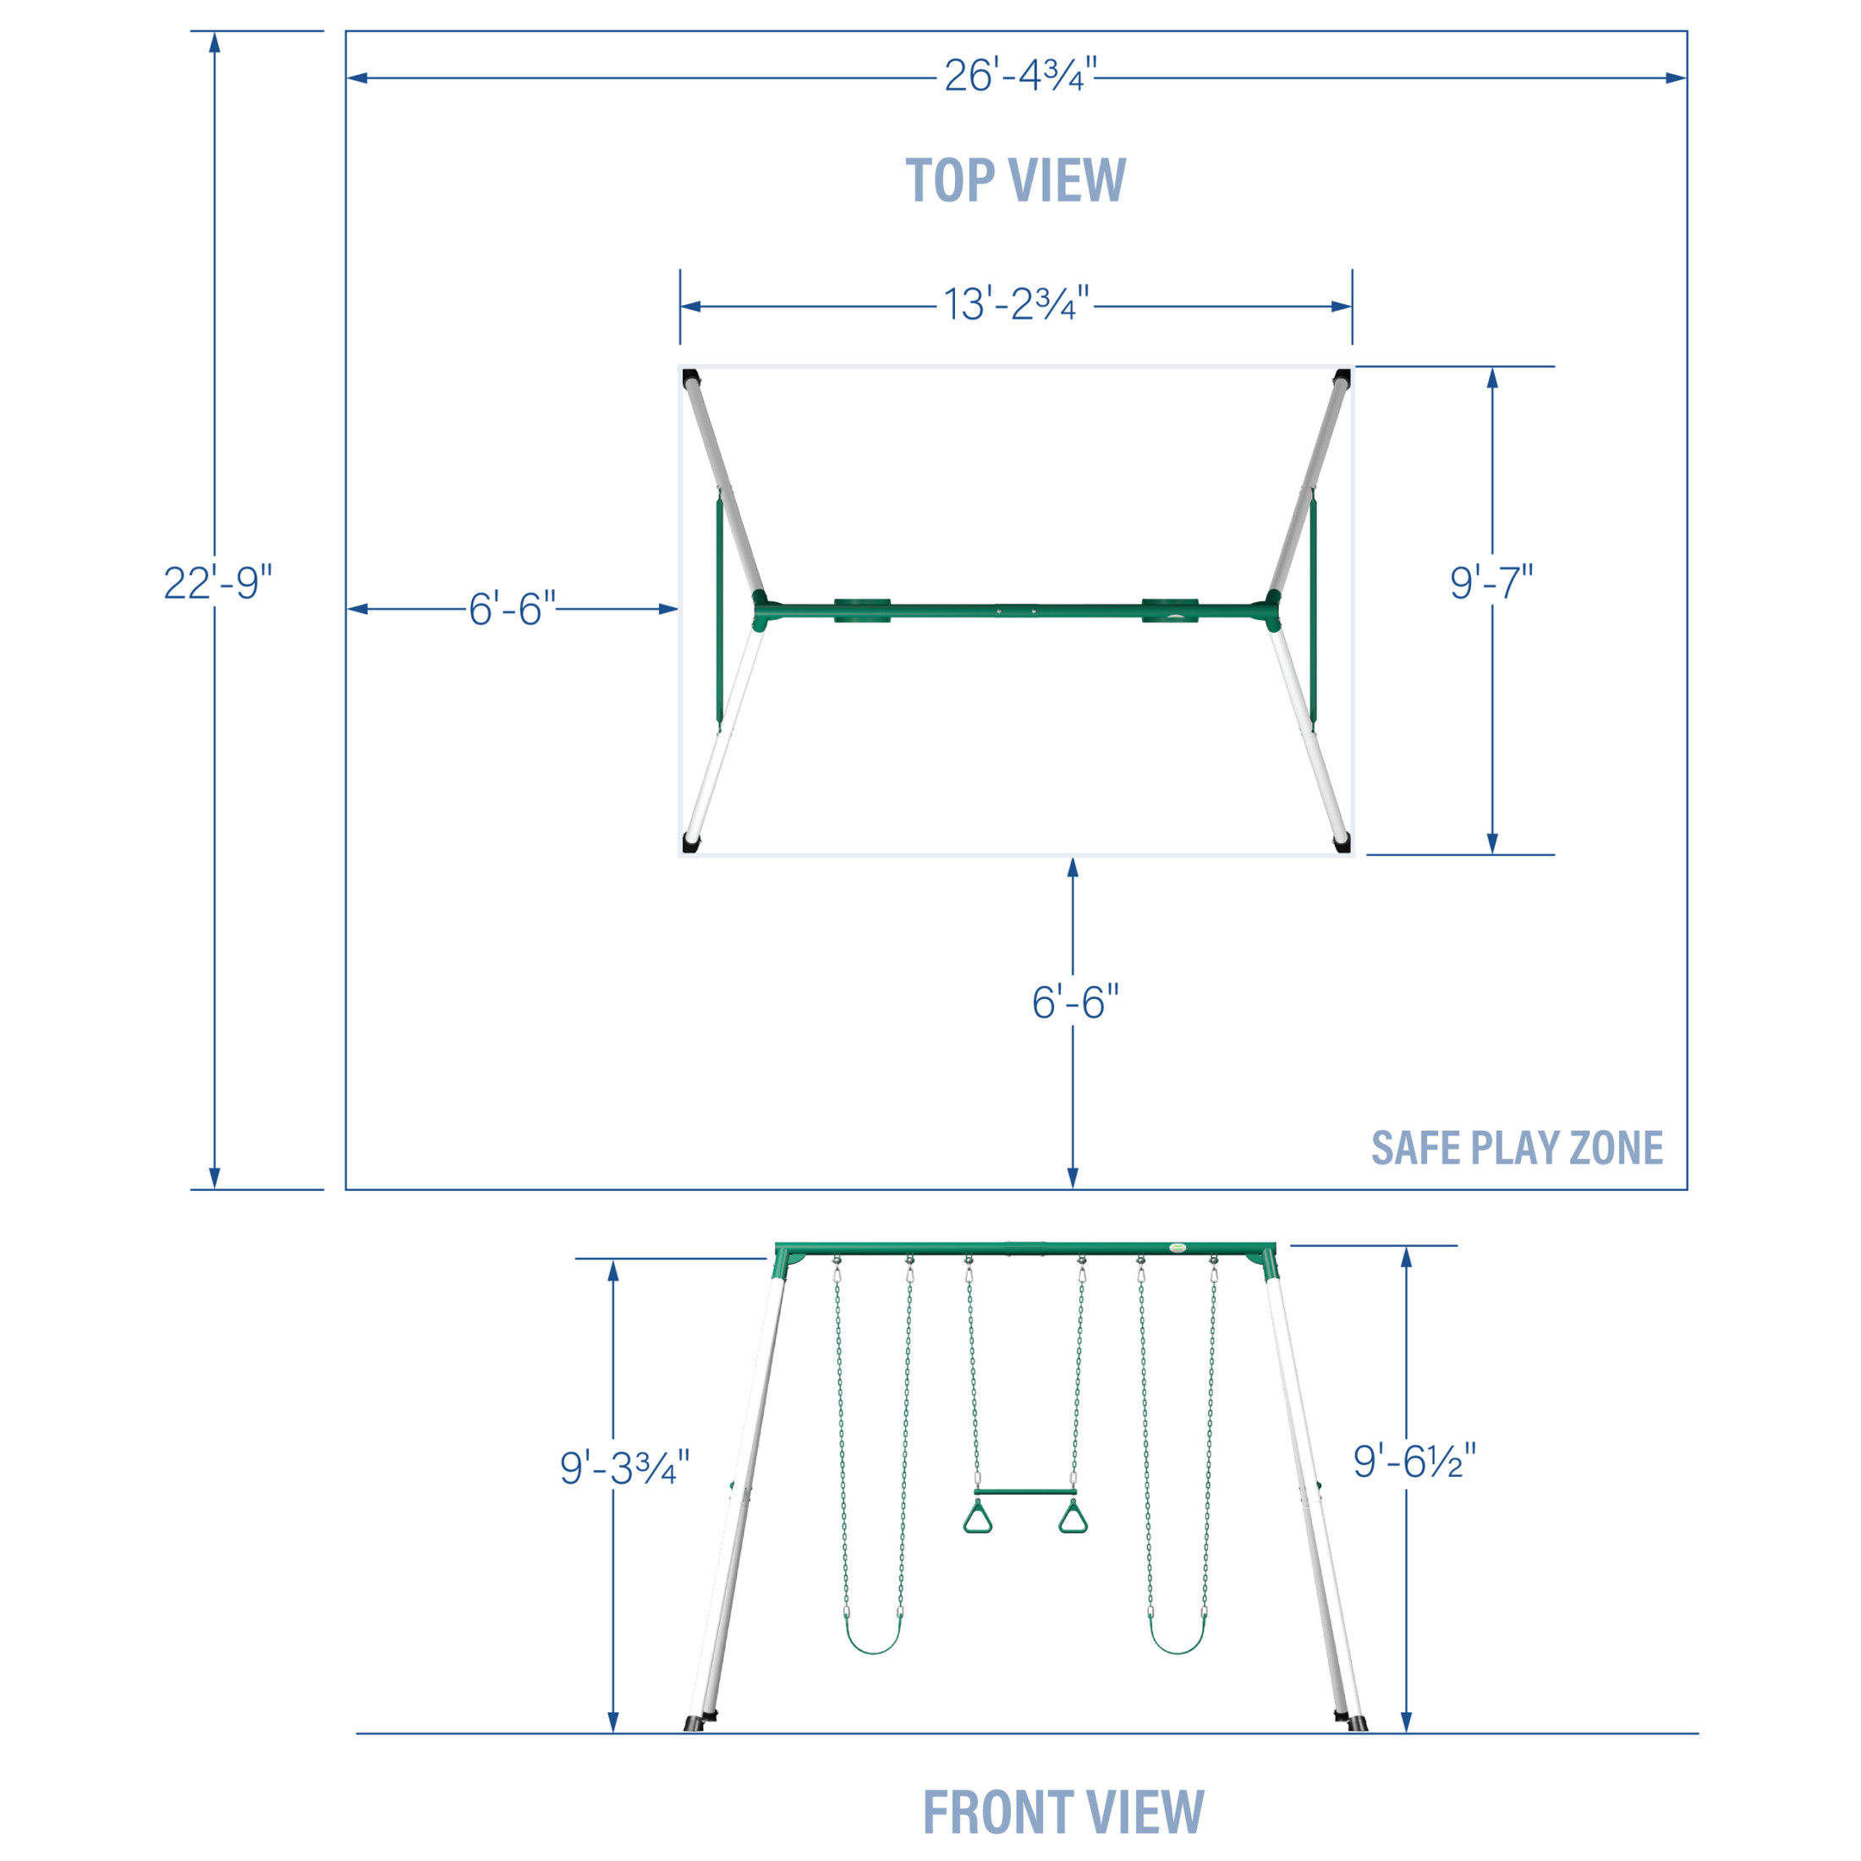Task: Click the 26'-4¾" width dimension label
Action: pyautogui.click(x=1019, y=75)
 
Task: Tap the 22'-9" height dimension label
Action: pyautogui.click(x=217, y=583)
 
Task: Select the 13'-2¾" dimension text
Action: pyautogui.click(x=1016, y=304)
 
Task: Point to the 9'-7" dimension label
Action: pyautogui.click(x=1491, y=582)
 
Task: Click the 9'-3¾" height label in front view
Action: pyautogui.click(x=624, y=1468)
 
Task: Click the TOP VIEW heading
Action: pyautogui.click(x=1015, y=180)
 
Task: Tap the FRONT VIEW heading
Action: pyautogui.click(x=1063, y=1812)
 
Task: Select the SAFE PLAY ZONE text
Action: pyautogui.click(x=1517, y=1147)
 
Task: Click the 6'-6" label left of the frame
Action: pyautogui.click(x=513, y=609)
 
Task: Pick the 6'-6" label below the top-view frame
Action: pyautogui.click(x=1075, y=1002)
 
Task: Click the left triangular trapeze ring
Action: pyautogui.click(x=977, y=1520)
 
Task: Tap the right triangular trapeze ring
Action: pyautogui.click(x=1073, y=1520)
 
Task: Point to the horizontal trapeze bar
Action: pyautogui.click(x=1025, y=1492)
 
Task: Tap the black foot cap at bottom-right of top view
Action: pyautogui.click(x=1341, y=843)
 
